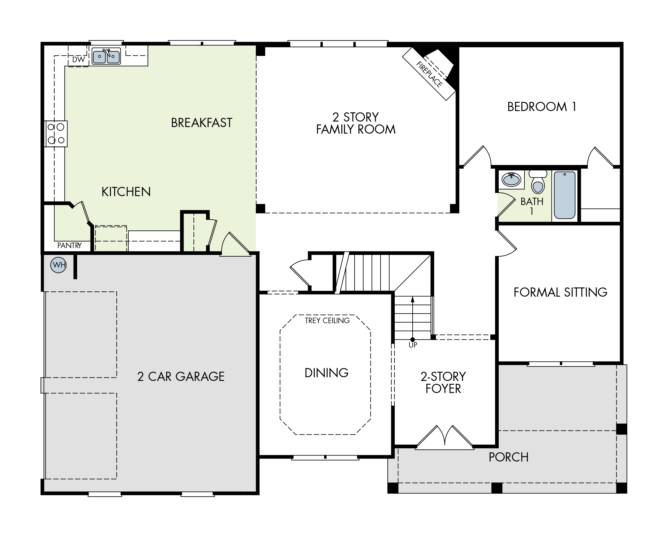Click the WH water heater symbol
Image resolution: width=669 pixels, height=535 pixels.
click(x=58, y=265)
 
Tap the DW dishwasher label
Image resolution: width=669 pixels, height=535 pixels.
click(x=78, y=60)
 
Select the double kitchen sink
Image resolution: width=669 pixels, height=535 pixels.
click(x=106, y=56)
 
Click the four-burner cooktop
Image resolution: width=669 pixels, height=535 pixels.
click(x=56, y=134)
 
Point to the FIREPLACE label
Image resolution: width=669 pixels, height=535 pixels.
click(x=429, y=75)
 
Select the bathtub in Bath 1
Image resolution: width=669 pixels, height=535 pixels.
click(x=564, y=195)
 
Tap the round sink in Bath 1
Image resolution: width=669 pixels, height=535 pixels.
click(x=511, y=179)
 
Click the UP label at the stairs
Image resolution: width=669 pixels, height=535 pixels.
click(x=413, y=345)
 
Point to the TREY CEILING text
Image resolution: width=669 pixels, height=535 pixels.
click(x=327, y=321)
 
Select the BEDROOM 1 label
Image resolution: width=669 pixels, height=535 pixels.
click(x=542, y=107)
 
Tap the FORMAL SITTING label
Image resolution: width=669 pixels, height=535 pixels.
click(x=560, y=292)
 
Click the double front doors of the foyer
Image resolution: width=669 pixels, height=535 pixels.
click(x=445, y=438)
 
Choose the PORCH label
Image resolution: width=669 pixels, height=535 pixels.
click(x=508, y=457)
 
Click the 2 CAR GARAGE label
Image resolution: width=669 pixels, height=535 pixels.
click(x=180, y=377)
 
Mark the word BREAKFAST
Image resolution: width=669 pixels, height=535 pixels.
click(x=201, y=123)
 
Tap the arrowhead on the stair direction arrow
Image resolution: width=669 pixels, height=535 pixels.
click(x=412, y=299)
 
